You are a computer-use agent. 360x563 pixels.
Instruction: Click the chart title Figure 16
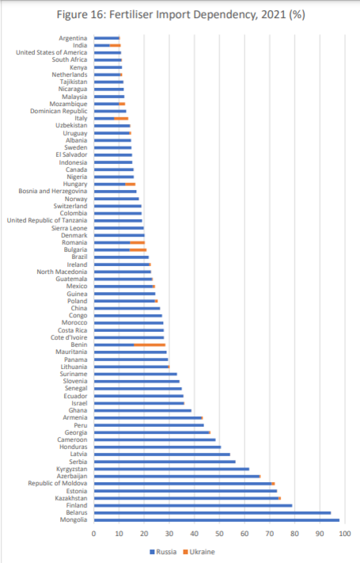181,15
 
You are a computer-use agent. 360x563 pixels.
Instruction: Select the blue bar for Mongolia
217,520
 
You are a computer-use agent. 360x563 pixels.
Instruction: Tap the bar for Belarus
213,513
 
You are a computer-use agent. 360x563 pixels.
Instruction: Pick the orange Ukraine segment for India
115,46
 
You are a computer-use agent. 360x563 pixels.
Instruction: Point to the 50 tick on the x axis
219,533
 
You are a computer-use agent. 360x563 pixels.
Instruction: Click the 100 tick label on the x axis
345,533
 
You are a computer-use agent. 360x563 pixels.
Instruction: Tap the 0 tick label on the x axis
94,533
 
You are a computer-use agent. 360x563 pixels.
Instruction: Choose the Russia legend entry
163,552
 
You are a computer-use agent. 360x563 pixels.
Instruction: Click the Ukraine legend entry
199,552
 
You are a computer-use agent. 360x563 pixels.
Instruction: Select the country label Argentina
73,38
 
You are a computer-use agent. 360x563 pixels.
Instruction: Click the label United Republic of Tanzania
47,220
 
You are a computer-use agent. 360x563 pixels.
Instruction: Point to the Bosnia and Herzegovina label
53,191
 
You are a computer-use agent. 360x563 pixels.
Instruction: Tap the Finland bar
193,505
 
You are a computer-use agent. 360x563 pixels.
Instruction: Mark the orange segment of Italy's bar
121,119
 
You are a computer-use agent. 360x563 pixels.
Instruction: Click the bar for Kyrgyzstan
172,469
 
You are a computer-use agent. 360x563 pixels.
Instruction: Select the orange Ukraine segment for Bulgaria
138,250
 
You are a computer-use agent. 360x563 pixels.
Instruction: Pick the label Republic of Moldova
58,483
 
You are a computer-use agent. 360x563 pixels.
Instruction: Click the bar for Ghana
143,410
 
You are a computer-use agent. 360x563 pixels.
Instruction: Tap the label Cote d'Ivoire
69,337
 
